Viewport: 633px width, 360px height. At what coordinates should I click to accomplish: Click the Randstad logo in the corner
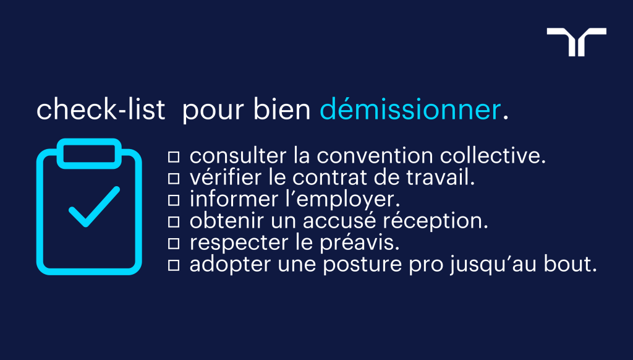point(576,41)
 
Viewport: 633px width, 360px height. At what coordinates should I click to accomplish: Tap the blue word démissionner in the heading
point(410,110)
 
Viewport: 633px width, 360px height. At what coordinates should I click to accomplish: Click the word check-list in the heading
point(101,110)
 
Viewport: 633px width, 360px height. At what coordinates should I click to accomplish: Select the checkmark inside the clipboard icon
point(93,207)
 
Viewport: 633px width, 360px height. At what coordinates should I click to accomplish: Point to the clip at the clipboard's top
point(88,153)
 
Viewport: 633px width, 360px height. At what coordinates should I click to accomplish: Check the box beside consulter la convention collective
point(174,156)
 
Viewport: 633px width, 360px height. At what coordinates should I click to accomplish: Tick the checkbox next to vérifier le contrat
point(174,178)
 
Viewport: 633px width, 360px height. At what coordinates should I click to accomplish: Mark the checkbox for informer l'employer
point(174,200)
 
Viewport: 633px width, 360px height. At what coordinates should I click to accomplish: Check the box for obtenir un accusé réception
point(174,221)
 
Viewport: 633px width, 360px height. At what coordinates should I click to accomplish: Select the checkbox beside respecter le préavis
point(174,244)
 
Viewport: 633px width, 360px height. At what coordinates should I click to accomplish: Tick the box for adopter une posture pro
point(174,265)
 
